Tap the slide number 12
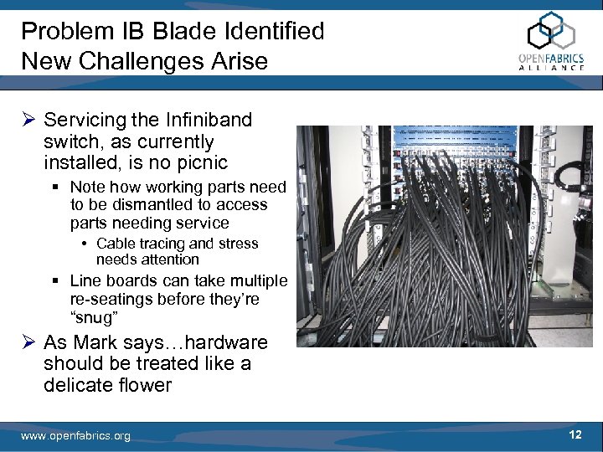(575, 434)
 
